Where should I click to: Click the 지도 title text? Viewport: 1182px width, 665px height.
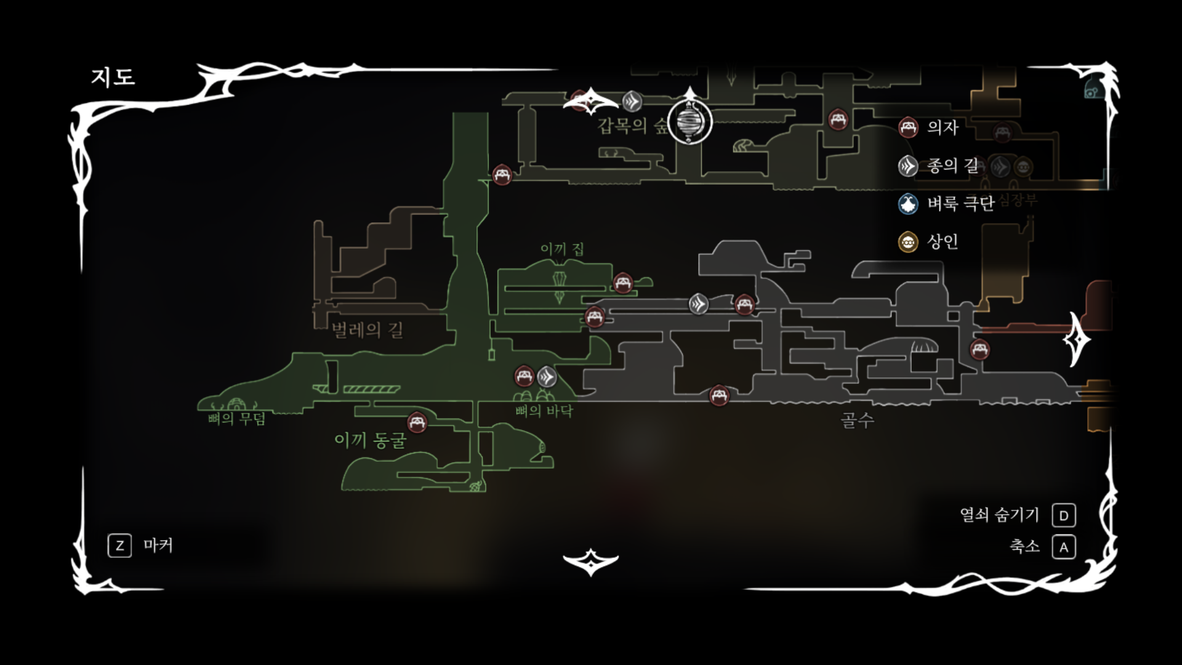[113, 77]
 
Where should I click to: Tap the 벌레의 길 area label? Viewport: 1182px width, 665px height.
[368, 330]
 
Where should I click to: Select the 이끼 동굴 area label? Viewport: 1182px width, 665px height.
[370, 440]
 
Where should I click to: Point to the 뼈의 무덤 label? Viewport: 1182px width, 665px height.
[237, 419]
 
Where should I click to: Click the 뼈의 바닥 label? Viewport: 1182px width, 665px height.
[544, 411]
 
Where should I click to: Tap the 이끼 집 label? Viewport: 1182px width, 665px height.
[562, 249]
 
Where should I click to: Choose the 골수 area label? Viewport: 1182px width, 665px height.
[857, 420]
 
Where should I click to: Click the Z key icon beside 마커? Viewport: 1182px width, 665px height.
[119, 546]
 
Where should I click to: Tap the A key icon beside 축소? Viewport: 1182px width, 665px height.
[1064, 547]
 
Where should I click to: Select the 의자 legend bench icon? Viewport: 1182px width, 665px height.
[907, 127]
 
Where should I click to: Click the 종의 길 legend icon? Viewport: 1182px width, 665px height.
[907, 166]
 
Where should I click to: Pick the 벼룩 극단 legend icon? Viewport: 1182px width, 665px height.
[907, 204]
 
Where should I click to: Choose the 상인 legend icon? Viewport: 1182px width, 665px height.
[907, 242]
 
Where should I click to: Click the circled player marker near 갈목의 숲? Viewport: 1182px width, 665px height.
[689, 122]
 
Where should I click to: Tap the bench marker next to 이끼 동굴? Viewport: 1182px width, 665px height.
[417, 422]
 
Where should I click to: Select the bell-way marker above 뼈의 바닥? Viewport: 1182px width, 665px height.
[547, 376]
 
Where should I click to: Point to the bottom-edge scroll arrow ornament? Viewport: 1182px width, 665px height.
[590, 561]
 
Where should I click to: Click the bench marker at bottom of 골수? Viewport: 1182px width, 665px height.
[718, 395]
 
